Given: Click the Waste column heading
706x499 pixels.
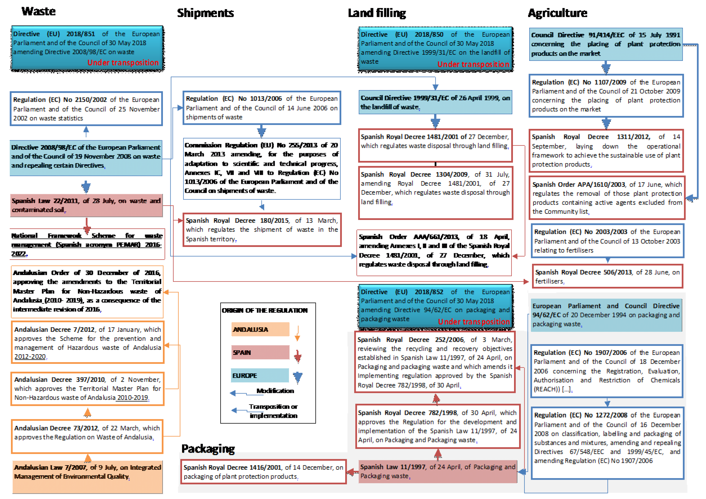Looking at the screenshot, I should click(38, 11).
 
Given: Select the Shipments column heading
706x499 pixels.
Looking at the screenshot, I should click(205, 13).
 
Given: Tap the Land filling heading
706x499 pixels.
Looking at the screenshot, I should click(377, 13).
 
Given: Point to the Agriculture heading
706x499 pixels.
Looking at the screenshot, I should click(557, 13).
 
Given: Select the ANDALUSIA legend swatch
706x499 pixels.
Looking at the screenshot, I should click(260, 329).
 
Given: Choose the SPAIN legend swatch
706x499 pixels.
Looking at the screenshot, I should click(260, 352).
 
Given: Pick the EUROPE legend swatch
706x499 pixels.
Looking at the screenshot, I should click(260, 375).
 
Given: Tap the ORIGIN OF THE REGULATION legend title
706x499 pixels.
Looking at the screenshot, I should click(265, 310).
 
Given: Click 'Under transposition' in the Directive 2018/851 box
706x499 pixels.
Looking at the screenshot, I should click(123, 63).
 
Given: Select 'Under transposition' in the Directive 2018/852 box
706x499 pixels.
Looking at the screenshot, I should click(474, 322).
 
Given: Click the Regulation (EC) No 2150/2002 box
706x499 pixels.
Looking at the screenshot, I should click(86, 109).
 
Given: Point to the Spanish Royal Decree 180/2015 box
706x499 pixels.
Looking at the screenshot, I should click(262, 230).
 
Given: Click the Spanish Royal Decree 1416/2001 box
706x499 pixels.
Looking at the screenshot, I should click(263, 472).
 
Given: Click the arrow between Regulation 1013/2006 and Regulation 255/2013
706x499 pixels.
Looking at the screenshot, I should click(262, 131).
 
